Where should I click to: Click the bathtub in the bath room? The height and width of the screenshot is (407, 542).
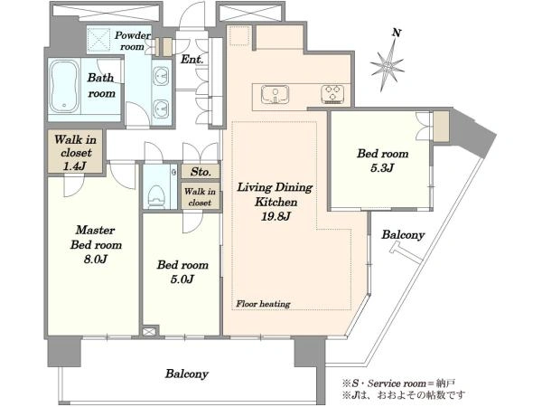pyautogui.click(x=64, y=87)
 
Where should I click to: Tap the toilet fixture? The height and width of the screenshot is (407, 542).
pyautogui.click(x=156, y=196)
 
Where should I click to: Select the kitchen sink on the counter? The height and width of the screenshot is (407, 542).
pyautogui.click(x=275, y=94)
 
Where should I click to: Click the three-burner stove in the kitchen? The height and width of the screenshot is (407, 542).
pyautogui.click(x=332, y=94)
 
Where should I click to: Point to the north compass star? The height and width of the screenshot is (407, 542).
pyautogui.click(x=388, y=66)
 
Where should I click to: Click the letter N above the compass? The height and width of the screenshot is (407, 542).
pyautogui.click(x=397, y=33)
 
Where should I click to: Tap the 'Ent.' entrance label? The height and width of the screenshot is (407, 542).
pyautogui.click(x=192, y=59)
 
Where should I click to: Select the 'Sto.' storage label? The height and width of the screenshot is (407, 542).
pyautogui.click(x=201, y=172)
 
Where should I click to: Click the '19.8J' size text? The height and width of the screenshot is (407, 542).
pyautogui.click(x=276, y=217)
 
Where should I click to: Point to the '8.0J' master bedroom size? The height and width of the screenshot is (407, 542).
pyautogui.click(x=96, y=259)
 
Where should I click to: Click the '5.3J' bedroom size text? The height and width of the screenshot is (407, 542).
pyautogui.click(x=382, y=168)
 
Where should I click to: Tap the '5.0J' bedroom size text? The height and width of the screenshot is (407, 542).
pyautogui.click(x=182, y=279)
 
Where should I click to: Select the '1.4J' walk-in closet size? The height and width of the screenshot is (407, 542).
pyautogui.click(x=75, y=166)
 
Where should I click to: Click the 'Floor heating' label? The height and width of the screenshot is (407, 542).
pyautogui.click(x=263, y=304)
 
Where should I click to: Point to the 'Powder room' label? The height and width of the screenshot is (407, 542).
pyautogui.click(x=132, y=41)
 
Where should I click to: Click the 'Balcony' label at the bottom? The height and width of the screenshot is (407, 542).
pyautogui.click(x=187, y=374)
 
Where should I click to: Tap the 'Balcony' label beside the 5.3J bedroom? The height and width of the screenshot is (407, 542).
pyautogui.click(x=403, y=235)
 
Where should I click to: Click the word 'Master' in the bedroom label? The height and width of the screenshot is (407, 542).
pyautogui.click(x=96, y=230)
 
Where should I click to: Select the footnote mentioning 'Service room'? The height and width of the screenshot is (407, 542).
pyautogui.click(x=398, y=383)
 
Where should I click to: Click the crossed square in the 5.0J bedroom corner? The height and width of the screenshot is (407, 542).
pyautogui.click(x=149, y=332)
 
